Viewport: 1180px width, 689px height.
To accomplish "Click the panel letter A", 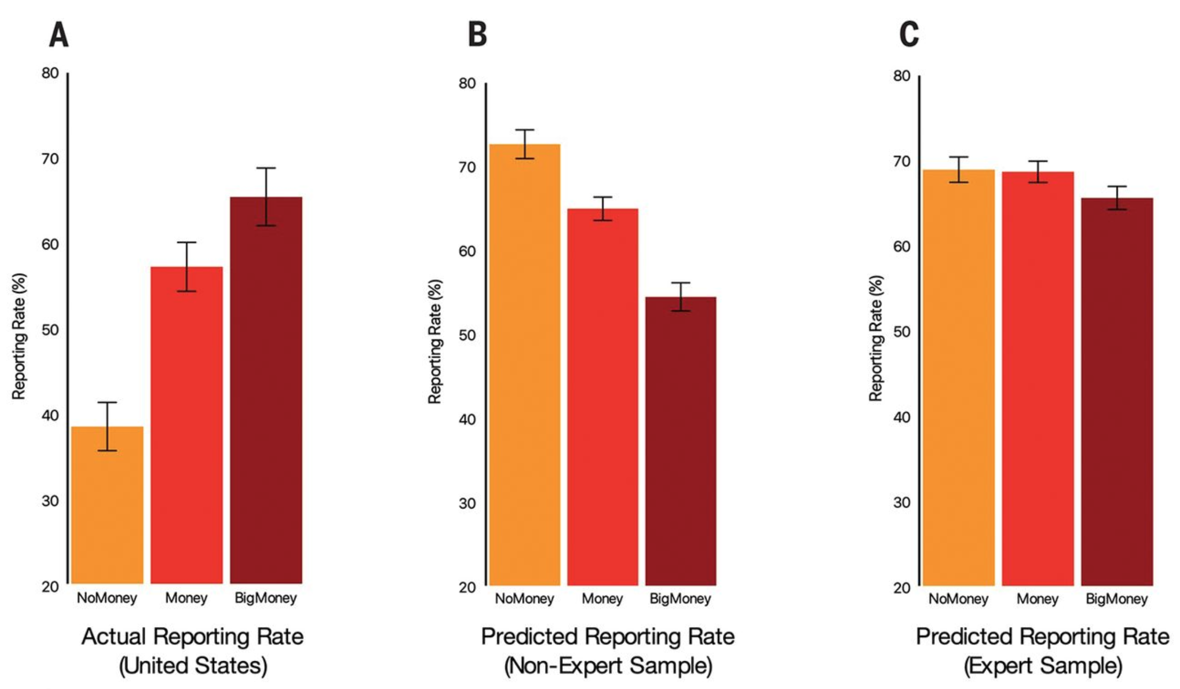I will (59, 36).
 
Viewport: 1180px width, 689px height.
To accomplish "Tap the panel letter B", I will (477, 35).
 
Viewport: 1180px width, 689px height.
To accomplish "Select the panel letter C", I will (909, 35).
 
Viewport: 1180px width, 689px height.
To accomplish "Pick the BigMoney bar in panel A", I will (266, 390).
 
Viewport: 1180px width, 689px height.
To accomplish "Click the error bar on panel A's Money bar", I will (187, 267).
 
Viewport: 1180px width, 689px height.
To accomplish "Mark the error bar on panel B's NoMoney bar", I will (525, 144).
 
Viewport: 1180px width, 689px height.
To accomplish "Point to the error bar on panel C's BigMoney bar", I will (1117, 198).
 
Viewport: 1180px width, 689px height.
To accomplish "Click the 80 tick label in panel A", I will (50, 73).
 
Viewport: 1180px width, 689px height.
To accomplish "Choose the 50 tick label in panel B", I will (467, 335).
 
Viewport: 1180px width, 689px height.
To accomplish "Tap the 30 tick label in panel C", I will (902, 502).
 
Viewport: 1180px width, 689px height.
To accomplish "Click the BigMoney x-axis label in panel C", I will (1116, 599).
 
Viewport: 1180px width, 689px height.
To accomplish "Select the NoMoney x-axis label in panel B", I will (524, 599).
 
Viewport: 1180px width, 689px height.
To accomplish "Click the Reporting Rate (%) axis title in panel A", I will (19, 336).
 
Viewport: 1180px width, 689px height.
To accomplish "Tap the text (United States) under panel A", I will (193, 666).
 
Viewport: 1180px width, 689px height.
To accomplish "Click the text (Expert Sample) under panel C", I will (1043, 666).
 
